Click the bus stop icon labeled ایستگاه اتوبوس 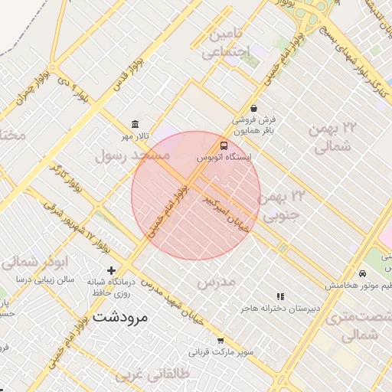point(224,145)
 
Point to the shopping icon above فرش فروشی point(253,108)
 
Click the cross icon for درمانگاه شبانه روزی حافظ point(112,270)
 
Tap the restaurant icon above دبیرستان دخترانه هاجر point(280,296)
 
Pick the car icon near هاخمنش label point(361,273)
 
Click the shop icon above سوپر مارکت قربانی point(220,341)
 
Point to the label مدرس point(214,283)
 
